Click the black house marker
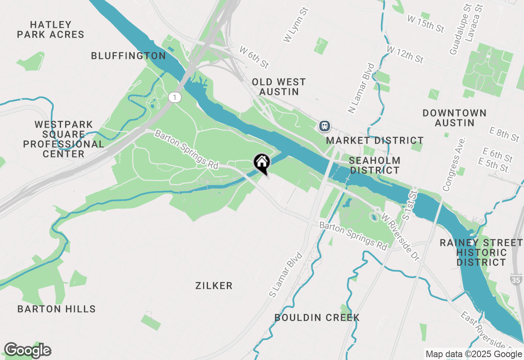click(x=262, y=163)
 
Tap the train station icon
click(x=325, y=126)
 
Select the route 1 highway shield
click(x=175, y=97)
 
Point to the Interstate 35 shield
click(x=517, y=280)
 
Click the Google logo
click(x=27, y=350)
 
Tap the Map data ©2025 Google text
click(x=474, y=354)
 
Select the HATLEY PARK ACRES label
click(x=51, y=30)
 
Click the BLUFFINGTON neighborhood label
click(x=128, y=56)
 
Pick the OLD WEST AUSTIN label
click(x=279, y=87)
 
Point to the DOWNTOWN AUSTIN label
click(x=454, y=118)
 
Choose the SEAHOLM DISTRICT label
click(x=375, y=165)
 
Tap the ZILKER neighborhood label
click(x=214, y=286)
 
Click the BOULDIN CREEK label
click(x=317, y=317)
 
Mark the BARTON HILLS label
click(x=56, y=309)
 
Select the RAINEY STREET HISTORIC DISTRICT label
click(x=481, y=252)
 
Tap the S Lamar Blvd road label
click(x=285, y=275)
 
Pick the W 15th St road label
click(x=426, y=23)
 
